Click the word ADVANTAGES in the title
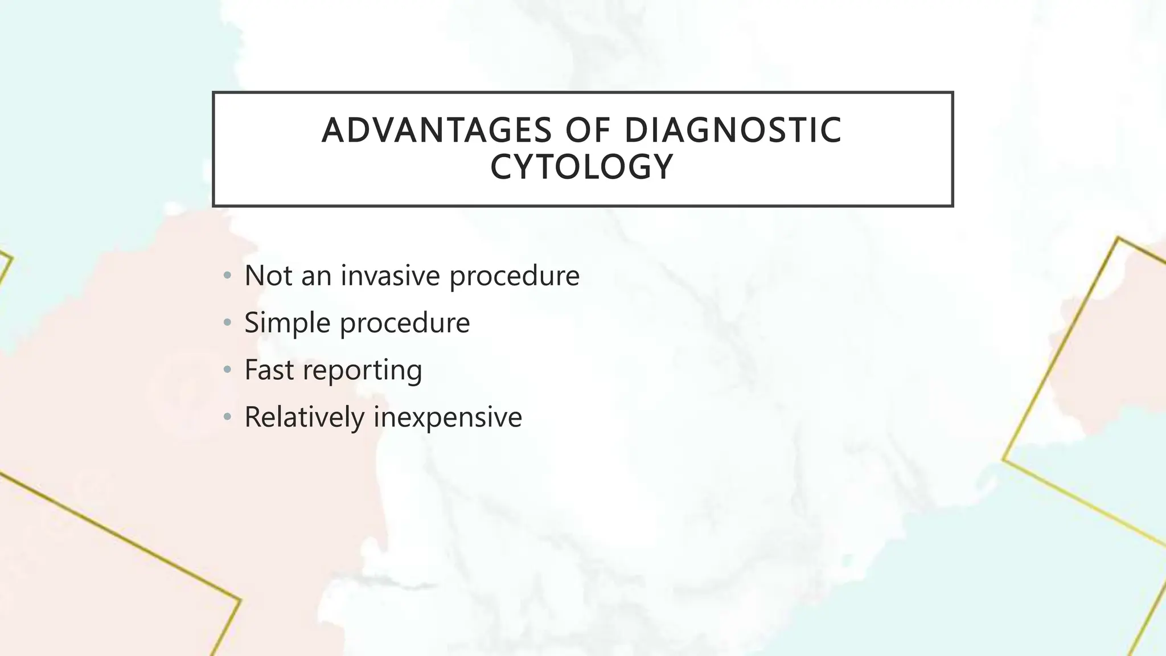[x=437, y=130]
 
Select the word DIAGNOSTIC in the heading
[x=733, y=130]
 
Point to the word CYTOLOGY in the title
[x=582, y=167]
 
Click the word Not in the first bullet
[x=268, y=276]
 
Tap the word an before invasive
[x=316, y=276]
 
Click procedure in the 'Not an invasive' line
[x=515, y=277]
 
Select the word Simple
[x=288, y=323]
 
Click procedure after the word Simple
[x=405, y=323]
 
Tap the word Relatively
[x=305, y=417]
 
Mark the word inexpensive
[x=448, y=418]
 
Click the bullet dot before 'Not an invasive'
[x=228, y=276]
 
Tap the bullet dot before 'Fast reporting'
[x=228, y=370]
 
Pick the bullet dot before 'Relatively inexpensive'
[x=228, y=417]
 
